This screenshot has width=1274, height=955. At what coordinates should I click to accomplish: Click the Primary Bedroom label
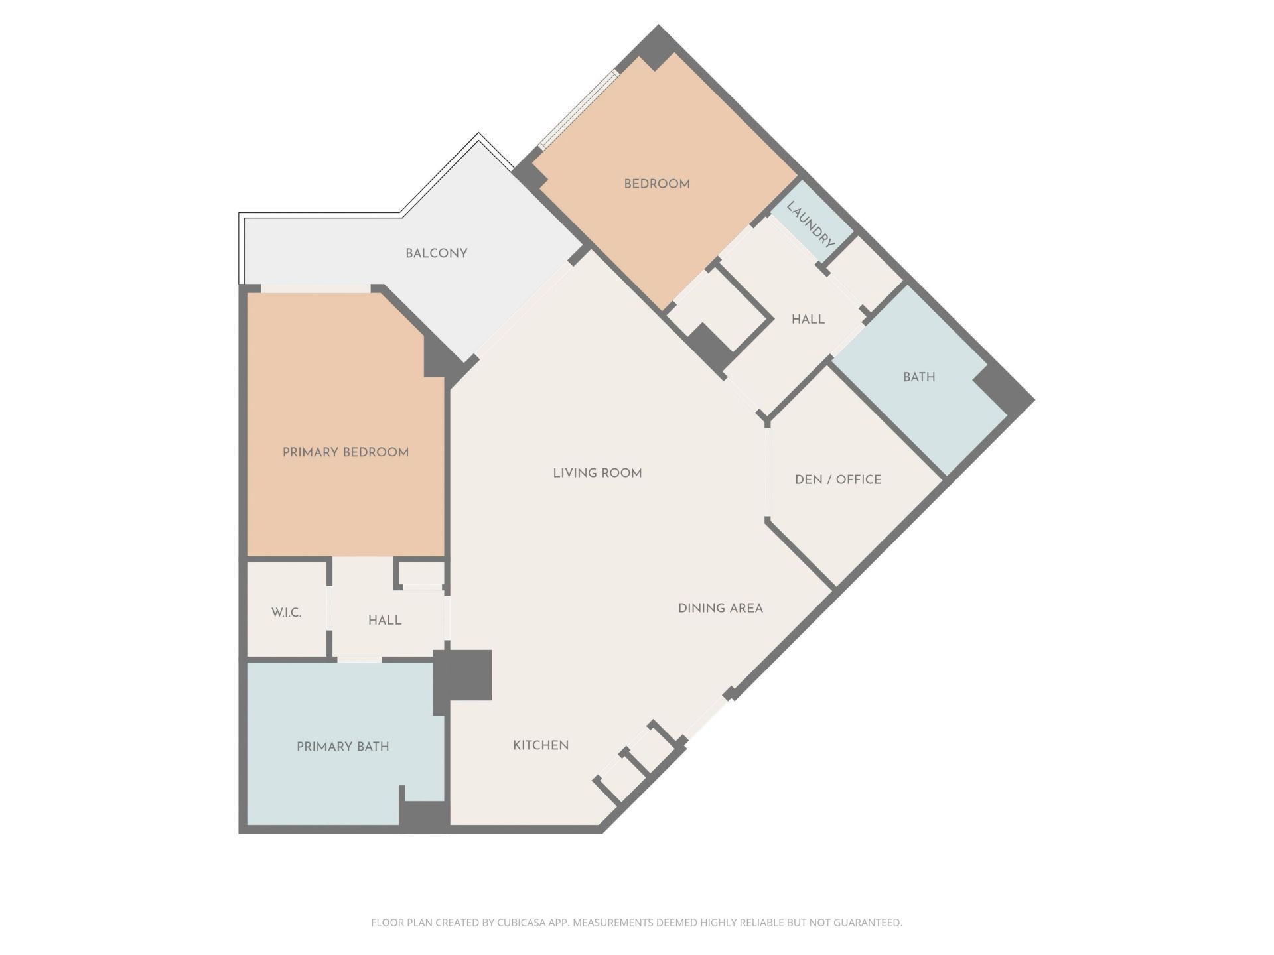tap(345, 452)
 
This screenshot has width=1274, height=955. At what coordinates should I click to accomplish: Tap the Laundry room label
tap(810, 224)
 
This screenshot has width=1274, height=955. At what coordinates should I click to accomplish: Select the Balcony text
tap(436, 253)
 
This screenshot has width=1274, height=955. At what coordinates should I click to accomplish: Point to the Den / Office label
tap(838, 479)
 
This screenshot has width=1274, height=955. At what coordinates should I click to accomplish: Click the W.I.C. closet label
tap(286, 613)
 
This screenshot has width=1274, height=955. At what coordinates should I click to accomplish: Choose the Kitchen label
tap(540, 745)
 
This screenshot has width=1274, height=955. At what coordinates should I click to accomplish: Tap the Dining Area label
tap(720, 608)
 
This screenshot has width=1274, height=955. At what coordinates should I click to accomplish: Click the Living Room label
tap(597, 473)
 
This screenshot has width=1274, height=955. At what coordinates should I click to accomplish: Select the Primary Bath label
tap(342, 747)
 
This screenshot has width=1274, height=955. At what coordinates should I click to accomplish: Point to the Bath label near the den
tap(918, 377)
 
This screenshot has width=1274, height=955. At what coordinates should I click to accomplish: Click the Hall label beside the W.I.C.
tap(385, 620)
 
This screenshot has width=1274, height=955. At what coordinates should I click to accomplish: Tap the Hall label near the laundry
tap(808, 319)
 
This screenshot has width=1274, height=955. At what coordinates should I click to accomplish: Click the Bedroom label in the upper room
tap(656, 184)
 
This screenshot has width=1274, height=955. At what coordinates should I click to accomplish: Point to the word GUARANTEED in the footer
tap(866, 923)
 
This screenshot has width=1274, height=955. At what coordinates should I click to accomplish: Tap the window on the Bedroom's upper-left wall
tap(578, 109)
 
